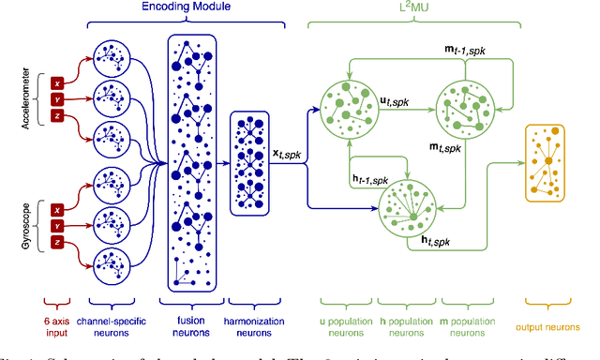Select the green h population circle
pos(408,207)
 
